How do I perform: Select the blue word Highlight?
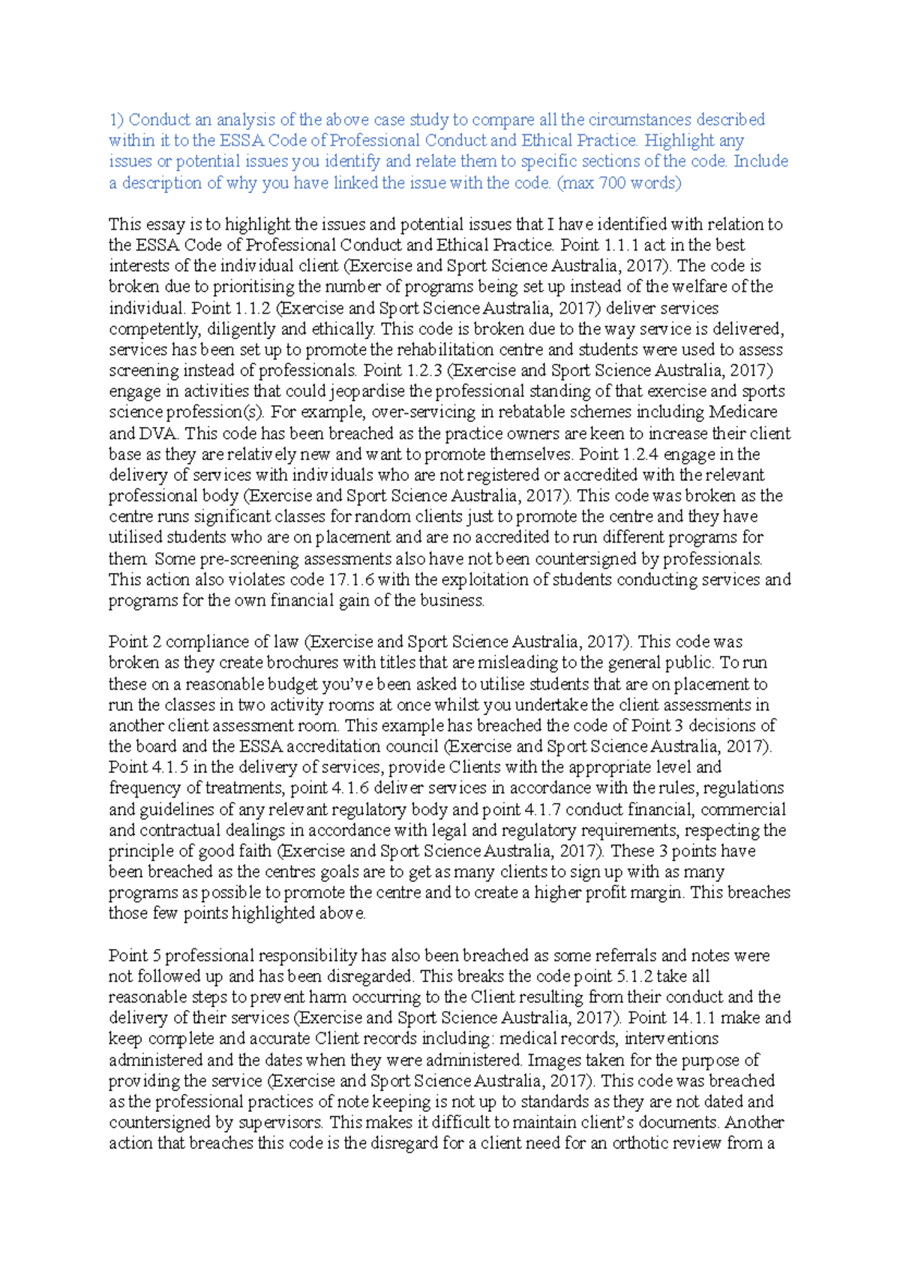pyautogui.click(x=679, y=140)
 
